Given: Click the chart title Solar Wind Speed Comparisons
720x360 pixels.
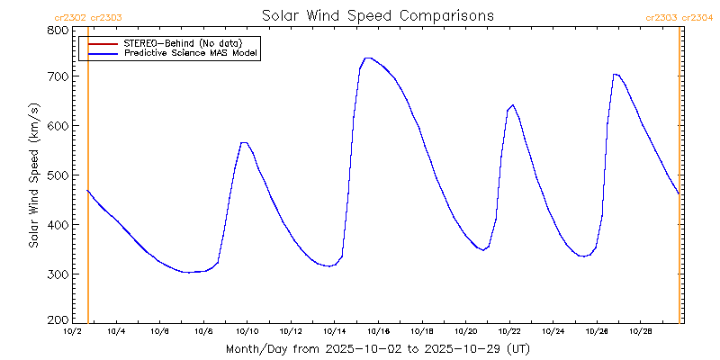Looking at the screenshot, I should pyautogui.click(x=377, y=15).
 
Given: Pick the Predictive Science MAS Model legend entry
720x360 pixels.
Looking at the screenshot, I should pyautogui.click(x=191, y=54).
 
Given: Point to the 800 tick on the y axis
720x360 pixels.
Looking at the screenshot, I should pyautogui.click(x=58, y=30).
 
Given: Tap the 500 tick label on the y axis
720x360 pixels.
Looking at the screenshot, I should pyautogui.click(x=58, y=175).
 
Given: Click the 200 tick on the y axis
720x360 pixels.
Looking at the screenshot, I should pyautogui.click(x=58, y=320).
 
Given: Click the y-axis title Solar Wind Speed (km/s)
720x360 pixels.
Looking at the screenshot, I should pyautogui.click(x=33, y=175).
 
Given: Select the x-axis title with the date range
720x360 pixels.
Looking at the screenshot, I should pyautogui.click(x=377, y=348).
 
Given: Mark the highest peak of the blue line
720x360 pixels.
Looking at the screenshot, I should pyautogui.click(x=367, y=58).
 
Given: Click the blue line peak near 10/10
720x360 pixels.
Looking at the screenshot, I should pyautogui.click(x=244, y=142).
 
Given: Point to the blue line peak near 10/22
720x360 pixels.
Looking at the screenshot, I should pyautogui.click(x=512, y=104).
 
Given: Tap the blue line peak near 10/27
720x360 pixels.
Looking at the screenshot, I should pyautogui.click(x=615, y=74).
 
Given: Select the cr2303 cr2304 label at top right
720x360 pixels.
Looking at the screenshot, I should pyautogui.click(x=679, y=17).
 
